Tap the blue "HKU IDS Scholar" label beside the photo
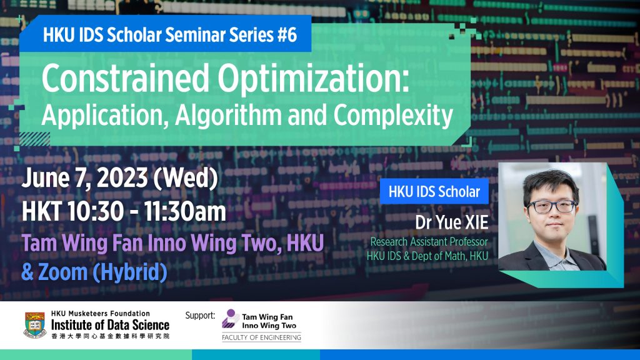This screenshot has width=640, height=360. click(x=434, y=192)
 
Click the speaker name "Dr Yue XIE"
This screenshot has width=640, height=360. click(x=451, y=222)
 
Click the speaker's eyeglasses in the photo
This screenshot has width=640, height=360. click(x=551, y=206)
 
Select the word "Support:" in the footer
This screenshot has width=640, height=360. click(x=200, y=315)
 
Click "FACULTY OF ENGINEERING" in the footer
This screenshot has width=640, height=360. click(x=261, y=338)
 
